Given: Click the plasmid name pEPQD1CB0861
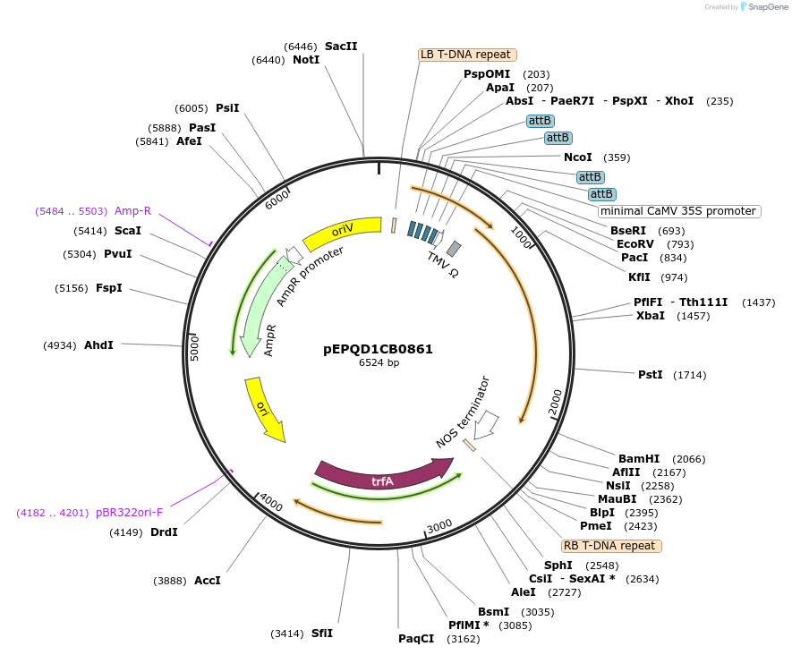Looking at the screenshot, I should tap(378, 349).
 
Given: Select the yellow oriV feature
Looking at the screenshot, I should tap(344, 233).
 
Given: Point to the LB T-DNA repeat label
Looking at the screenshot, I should tap(467, 55).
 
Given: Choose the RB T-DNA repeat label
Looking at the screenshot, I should tap(611, 545).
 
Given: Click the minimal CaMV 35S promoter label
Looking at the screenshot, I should tap(679, 211).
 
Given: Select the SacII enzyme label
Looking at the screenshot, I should tap(340, 46).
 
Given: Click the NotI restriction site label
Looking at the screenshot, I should tap(306, 60).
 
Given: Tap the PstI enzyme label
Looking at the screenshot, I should tap(651, 374).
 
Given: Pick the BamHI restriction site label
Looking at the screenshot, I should tap(639, 458).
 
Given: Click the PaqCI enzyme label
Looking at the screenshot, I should tap(416, 638).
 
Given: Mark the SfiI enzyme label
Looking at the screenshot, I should tap(322, 633).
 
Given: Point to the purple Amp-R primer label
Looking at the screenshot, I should tap(132, 211).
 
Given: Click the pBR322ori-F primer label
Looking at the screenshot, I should tap(130, 513).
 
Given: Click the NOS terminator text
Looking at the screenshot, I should tap(463, 413).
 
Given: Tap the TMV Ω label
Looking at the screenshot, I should tap(442, 264).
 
